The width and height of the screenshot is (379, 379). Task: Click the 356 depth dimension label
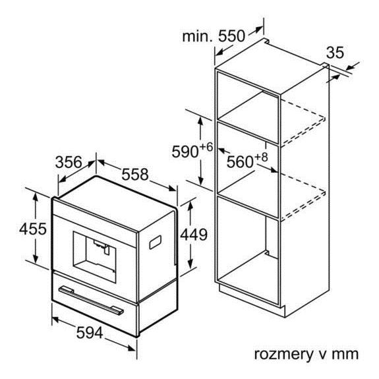pos(69,162)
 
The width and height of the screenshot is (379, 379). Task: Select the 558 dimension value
pos(134,174)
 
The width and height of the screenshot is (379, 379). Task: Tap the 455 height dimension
pos(33,229)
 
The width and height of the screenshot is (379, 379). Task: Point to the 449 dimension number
pos(194,234)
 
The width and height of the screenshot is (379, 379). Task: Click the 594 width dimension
pos(90,333)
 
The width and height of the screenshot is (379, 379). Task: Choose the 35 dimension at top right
pos(335,53)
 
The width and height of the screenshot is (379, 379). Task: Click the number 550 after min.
pos(231,36)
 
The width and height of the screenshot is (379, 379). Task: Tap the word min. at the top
pos(198,36)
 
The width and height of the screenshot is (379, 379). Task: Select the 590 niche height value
pos(185,152)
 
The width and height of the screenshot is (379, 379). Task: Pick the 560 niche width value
pos(240,161)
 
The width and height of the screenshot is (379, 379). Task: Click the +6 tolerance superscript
pos(206,147)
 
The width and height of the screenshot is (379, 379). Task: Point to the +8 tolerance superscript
pos(261,157)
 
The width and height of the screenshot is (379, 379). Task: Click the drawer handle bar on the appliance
pos(91,301)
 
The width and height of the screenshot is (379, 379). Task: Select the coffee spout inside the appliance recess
pos(102,247)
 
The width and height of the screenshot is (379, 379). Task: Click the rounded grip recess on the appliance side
pos(155,242)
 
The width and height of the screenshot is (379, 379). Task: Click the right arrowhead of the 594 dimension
pos(132,348)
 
